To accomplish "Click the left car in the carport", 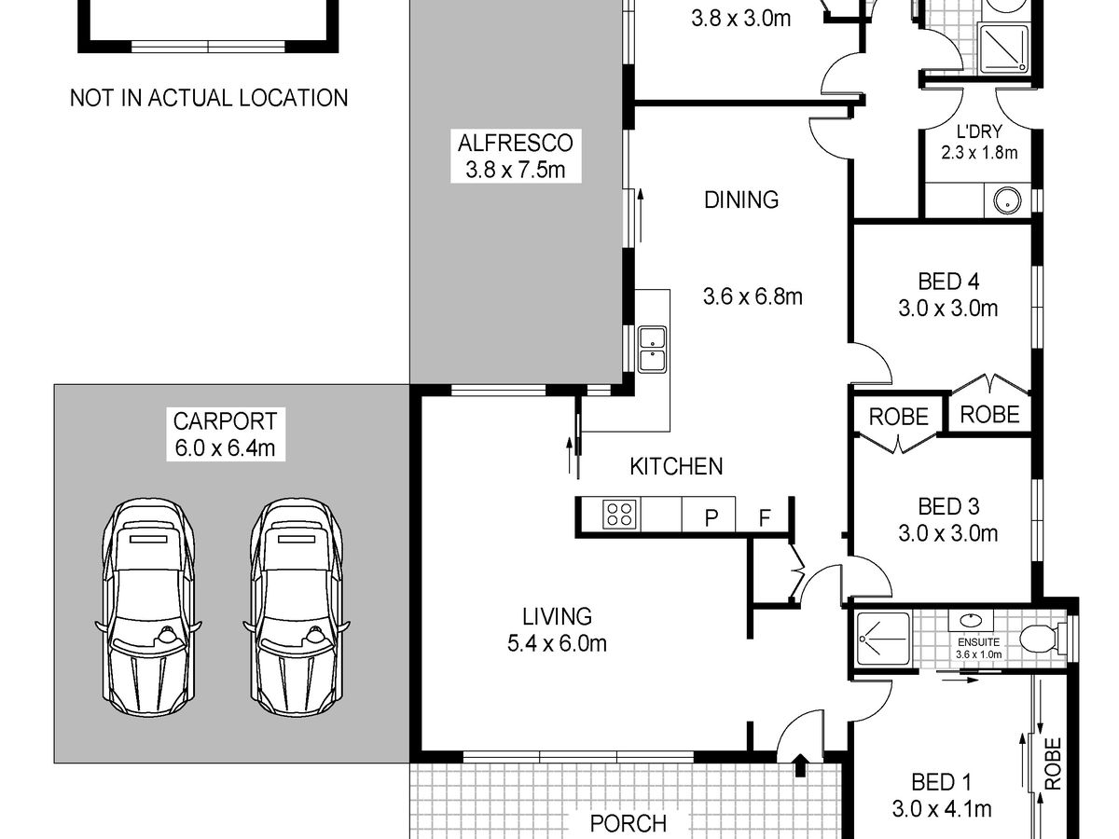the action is pos(148,607).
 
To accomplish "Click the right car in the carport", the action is pos(297,607).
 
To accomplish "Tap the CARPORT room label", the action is pos(225,421).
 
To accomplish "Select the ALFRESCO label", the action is pos(516,144).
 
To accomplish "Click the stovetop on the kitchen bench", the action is pos(619,514).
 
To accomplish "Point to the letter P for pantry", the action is pos(711,518).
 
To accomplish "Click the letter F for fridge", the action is pos(764,518).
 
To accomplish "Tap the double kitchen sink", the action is pos(653,350).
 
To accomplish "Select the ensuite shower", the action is pos(883,639).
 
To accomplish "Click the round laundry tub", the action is pos(1007,200).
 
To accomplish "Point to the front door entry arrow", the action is pos(800,765).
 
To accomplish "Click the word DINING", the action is pos(741,199).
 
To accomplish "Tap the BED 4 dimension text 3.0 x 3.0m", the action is pos(947,309).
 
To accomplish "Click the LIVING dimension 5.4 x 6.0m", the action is pos(557,643).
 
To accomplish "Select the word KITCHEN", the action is pos(676,466).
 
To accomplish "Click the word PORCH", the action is pos(629,823).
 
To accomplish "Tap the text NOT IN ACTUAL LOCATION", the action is pos(209,98).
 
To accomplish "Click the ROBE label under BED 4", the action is pos(989,415).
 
